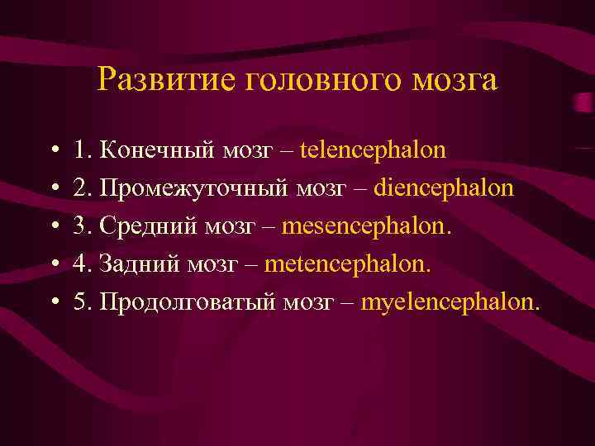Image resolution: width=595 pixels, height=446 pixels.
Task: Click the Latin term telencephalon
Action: [x=373, y=150]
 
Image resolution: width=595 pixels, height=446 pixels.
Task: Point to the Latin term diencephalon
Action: [x=444, y=188]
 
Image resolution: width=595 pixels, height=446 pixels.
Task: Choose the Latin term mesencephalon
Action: [x=366, y=226]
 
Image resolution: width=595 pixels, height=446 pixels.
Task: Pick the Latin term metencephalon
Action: [x=347, y=264]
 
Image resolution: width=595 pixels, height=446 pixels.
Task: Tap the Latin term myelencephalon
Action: [x=450, y=302]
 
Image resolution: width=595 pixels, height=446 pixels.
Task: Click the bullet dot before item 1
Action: [x=53, y=152]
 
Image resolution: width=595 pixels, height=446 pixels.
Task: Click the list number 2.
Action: [x=80, y=188]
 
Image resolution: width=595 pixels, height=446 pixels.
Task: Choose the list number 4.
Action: [x=80, y=264]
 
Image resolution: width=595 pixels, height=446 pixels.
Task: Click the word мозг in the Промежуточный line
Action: [x=322, y=188]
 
